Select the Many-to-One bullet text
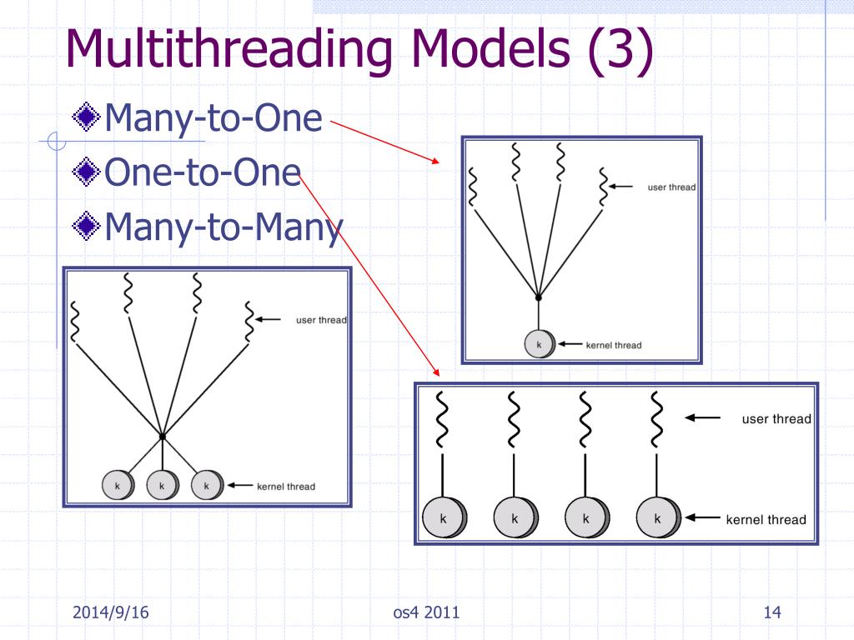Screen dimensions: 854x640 click(213, 119)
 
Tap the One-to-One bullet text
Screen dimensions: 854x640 click(203, 172)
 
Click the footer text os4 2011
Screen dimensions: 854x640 click(426, 614)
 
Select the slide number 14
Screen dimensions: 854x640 click(771, 614)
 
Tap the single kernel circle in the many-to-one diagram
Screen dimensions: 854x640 click(539, 344)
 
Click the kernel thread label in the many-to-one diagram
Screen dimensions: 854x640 click(614, 345)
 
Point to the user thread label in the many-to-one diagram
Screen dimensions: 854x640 click(671, 187)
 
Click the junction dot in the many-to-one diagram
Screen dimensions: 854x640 click(539, 297)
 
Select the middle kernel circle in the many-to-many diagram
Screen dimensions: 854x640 click(162, 485)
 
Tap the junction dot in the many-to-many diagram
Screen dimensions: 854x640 click(163, 436)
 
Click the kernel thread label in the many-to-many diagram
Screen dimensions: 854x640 click(286, 486)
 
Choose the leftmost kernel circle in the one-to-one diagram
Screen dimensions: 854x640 click(444, 518)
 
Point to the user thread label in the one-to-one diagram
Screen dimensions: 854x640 click(776, 419)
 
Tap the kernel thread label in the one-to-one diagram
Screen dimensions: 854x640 click(766, 520)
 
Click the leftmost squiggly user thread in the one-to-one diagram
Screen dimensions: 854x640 click(443, 419)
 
